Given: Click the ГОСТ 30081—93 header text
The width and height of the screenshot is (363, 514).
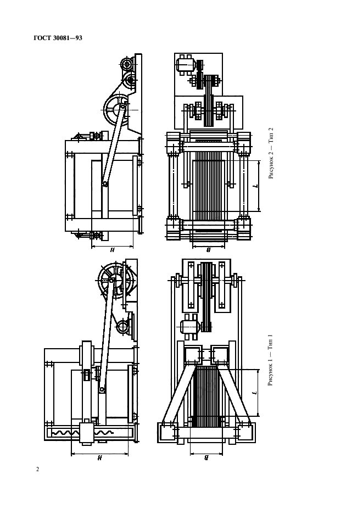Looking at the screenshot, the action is coord(58,38).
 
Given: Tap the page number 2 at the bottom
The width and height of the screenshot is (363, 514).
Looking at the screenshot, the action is coord(37,469).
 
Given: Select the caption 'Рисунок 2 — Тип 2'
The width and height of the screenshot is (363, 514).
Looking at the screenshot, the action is coord(271,153).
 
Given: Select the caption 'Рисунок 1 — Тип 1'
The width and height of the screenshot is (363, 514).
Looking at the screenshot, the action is coord(271,360).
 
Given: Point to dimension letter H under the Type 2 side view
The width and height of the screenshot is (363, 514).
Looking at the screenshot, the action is coord(112,250).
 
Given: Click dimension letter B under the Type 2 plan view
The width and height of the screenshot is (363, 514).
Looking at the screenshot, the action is coord(208,250).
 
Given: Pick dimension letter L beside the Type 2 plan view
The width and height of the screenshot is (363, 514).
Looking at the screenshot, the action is coord(256,186).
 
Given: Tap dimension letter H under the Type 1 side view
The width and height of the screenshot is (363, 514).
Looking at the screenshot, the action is coord(100,458).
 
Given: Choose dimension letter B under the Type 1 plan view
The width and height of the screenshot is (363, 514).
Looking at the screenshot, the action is coord(206,458).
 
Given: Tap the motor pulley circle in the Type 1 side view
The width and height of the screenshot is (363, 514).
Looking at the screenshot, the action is coord(124,328).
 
